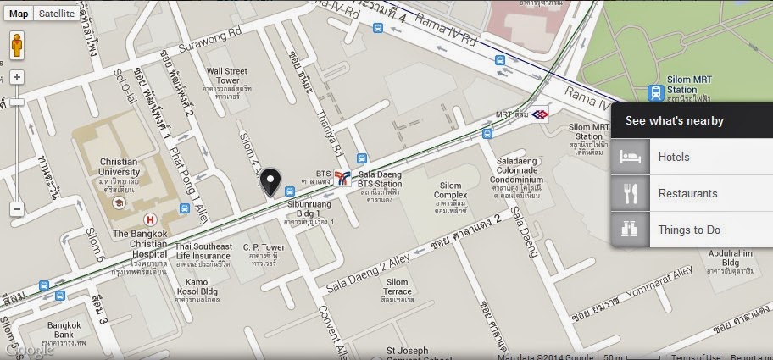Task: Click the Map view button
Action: (x=18, y=14)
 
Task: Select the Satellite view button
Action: (x=57, y=14)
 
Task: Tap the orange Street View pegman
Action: (x=16, y=47)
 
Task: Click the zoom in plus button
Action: (x=16, y=77)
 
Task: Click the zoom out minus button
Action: (x=16, y=208)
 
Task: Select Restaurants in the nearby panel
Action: (x=687, y=194)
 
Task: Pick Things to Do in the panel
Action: (x=689, y=230)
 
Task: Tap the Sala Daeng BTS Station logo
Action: (x=342, y=178)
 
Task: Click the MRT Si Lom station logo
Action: (x=541, y=114)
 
